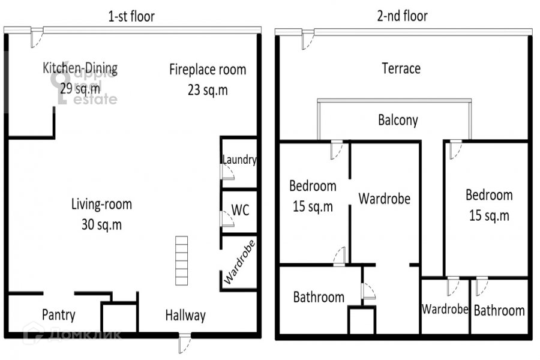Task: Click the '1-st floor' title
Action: [x=131, y=17]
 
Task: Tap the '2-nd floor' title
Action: [x=402, y=16]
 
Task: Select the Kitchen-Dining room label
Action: [x=80, y=68]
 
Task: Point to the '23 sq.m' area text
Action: [x=208, y=90]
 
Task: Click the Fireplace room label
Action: [x=208, y=70]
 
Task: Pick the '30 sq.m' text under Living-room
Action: [x=101, y=224]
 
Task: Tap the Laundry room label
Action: [x=239, y=160]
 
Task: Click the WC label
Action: [x=240, y=210]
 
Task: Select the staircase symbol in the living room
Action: [x=181, y=261]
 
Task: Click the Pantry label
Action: [x=59, y=315]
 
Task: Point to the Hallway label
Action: [x=185, y=316]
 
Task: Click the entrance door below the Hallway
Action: [x=185, y=343]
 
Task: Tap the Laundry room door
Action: [x=227, y=172]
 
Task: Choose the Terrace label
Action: [x=401, y=68]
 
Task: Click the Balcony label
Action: [x=398, y=120]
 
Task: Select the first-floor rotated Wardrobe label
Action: [x=239, y=262]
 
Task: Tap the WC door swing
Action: [x=227, y=219]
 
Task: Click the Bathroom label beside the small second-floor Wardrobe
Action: [x=499, y=310]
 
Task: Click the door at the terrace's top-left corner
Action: [x=308, y=40]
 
